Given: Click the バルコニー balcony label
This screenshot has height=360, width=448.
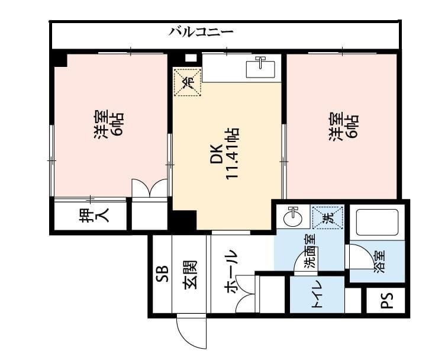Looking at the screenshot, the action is click(201, 32).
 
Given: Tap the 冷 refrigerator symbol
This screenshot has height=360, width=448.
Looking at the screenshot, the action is click(188, 82).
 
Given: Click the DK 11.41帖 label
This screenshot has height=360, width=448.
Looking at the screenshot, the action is click(224, 154).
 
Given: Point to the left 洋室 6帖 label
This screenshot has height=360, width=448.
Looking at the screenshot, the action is click(108, 125).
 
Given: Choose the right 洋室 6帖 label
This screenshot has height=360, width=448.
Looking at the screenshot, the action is click(343, 127).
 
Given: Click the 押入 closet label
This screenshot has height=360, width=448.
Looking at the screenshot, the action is click(94, 215).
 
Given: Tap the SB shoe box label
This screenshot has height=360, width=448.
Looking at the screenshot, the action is click(163, 274).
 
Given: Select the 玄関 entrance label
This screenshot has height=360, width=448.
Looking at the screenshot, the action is click(190, 275).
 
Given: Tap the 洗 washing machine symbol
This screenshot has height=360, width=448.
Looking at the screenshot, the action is click(328, 218).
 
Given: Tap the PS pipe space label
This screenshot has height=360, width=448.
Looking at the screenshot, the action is click(387, 300).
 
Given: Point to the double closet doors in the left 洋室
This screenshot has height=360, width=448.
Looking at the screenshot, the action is click(149, 188).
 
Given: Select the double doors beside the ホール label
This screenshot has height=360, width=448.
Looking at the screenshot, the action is click(245, 294).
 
